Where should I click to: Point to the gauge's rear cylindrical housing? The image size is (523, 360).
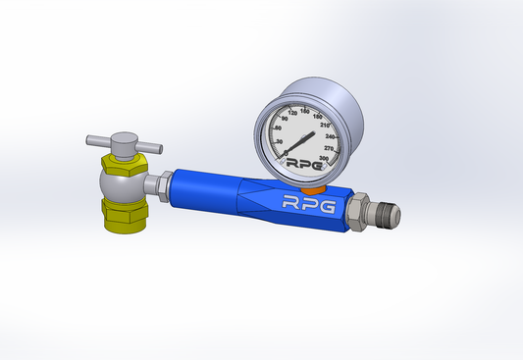pyautogui.click(x=343, y=108)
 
